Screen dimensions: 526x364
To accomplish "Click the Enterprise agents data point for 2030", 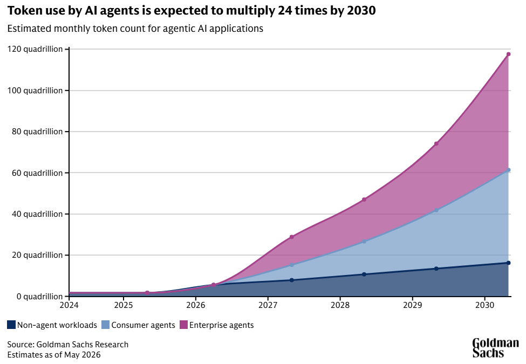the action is click(508, 54).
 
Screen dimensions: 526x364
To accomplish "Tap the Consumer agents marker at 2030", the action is click(508, 170).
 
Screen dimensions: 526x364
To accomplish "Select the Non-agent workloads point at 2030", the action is click(508, 263).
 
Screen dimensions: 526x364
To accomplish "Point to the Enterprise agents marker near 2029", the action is click(436, 144).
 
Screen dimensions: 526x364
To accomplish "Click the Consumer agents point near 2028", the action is click(364, 242).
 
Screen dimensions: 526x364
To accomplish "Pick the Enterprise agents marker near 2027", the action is click(291, 237).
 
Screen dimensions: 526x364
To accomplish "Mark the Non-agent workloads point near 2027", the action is click(291, 280).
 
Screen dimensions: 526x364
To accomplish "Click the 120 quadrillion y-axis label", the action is click(35, 49).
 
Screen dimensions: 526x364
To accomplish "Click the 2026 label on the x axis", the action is click(196, 305).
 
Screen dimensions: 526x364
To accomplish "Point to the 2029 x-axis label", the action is click(412, 305).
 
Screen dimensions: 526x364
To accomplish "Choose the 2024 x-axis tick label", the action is click(69, 305).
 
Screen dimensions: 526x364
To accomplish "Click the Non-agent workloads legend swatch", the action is click(11, 325).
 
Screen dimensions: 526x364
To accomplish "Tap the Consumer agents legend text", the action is click(144, 325).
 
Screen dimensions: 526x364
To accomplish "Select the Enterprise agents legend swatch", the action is click(183, 325).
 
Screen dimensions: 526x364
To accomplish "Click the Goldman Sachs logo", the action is click(495, 348).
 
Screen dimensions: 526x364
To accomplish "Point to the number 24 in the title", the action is click(284, 11).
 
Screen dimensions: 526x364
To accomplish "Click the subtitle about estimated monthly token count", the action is click(135, 29).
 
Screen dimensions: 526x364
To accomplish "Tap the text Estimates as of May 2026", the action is click(54, 355).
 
